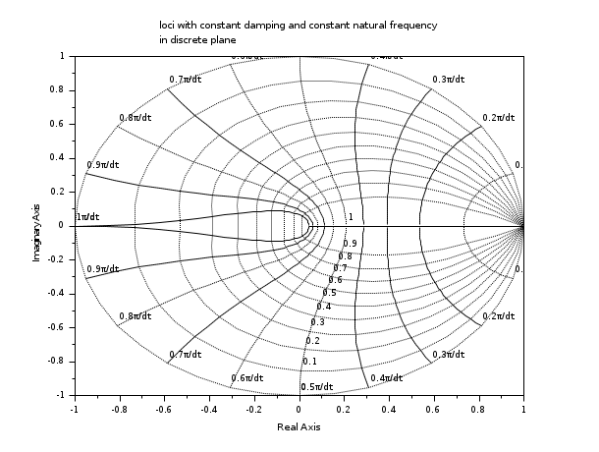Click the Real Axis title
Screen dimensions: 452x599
click(299, 427)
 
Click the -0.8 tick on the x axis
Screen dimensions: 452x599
click(119, 408)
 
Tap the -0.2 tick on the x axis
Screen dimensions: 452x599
click(253, 408)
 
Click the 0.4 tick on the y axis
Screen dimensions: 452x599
click(58, 157)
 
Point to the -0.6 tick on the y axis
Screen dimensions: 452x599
click(56, 326)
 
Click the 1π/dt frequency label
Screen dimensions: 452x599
click(88, 217)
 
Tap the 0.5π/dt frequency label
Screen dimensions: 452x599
click(317, 386)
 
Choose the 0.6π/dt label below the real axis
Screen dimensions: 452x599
click(247, 378)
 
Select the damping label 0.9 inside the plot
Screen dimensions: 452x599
click(350, 243)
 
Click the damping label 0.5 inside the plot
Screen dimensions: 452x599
click(329, 293)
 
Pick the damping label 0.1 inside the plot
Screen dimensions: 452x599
click(309, 362)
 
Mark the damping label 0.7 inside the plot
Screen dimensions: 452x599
click(340, 268)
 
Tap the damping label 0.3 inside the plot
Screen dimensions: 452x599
click(317, 322)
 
